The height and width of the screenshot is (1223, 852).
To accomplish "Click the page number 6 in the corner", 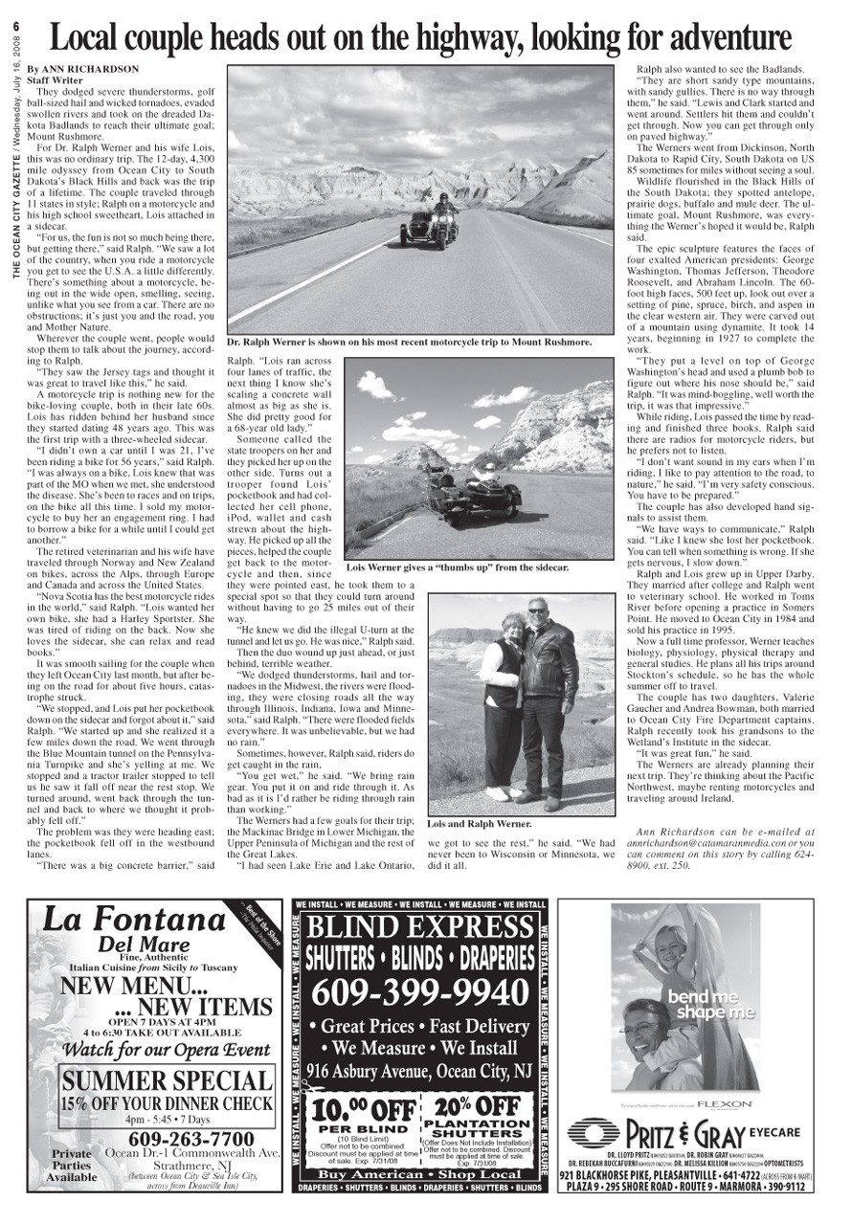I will tap(16, 27).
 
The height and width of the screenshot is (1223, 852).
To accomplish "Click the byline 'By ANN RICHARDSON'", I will tap(83, 69).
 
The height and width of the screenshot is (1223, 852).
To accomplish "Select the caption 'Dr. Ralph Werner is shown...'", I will tap(409, 342).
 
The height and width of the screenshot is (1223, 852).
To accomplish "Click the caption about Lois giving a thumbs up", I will tap(457, 567).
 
